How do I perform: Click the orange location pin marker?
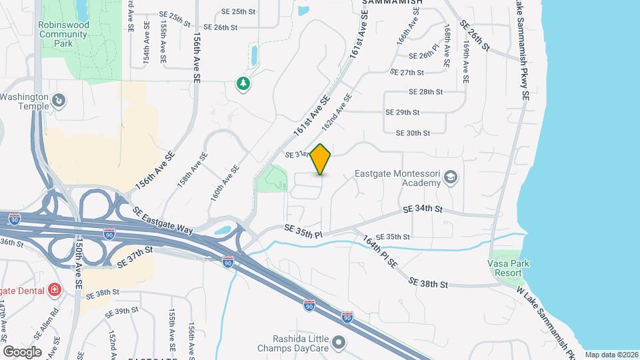321,159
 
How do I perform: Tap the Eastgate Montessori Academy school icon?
451,176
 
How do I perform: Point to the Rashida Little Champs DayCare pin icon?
339,343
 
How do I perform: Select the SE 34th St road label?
423,209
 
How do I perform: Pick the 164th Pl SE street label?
381,251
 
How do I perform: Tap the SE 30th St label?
413,133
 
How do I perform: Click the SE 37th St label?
135,256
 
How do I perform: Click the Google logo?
22,351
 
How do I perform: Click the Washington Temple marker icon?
59,101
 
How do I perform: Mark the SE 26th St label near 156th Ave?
221,27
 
